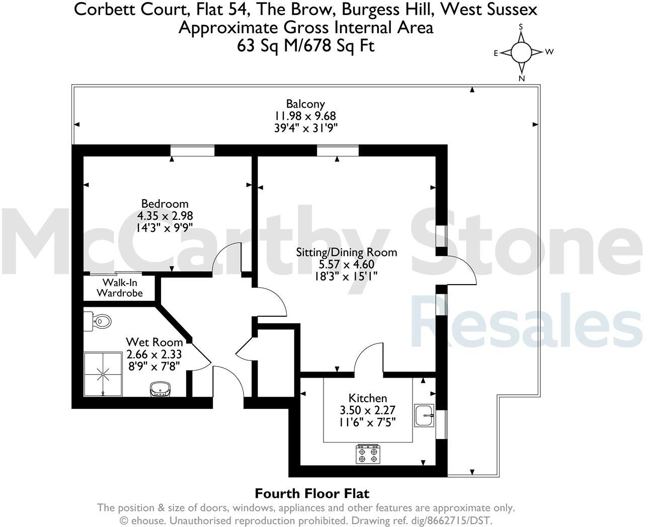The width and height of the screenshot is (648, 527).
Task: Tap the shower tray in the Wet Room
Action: tap(103, 373)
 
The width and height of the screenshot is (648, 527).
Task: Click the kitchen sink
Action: tap(424, 415)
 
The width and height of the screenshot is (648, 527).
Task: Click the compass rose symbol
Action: tap(521, 51)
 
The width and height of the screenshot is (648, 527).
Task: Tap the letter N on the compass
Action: tap(522, 78)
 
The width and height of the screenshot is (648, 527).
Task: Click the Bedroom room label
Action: tap(165, 204)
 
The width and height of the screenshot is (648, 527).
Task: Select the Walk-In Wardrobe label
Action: tap(120, 288)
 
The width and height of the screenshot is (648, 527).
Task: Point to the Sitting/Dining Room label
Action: tap(346, 252)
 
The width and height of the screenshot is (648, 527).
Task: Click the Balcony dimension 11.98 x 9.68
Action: tap(305, 116)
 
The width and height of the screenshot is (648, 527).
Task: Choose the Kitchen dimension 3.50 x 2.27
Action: tap(368, 410)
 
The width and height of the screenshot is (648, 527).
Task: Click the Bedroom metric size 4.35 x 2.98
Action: tap(165, 216)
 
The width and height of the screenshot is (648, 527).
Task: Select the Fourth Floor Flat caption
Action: tap(312, 493)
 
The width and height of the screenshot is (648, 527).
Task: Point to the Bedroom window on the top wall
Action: tap(192, 150)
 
